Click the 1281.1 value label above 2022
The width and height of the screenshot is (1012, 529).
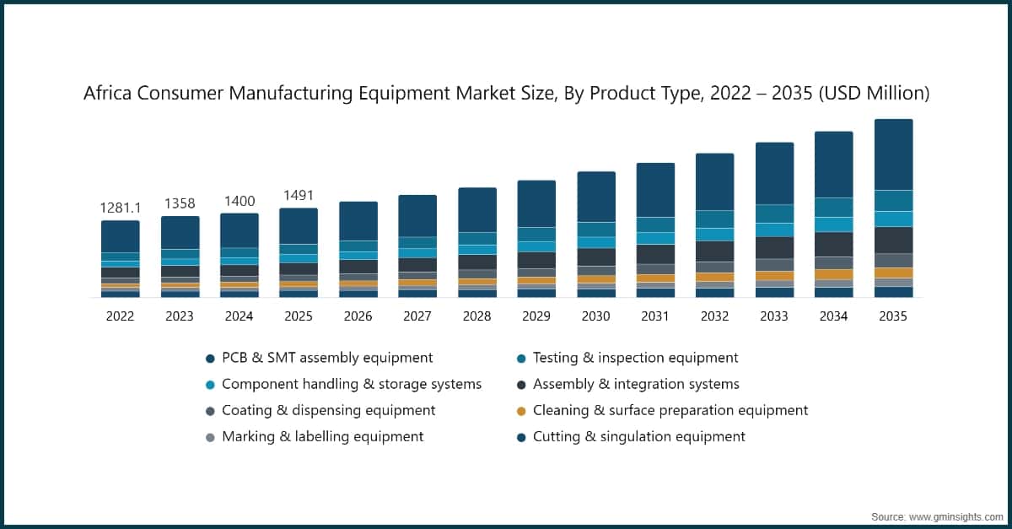pos(121,208)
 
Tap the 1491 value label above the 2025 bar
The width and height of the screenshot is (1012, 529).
pos(299,195)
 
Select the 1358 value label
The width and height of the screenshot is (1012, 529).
pos(180,203)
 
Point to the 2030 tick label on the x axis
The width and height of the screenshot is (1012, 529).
pos(595,316)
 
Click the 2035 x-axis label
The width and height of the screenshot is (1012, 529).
pos(893,316)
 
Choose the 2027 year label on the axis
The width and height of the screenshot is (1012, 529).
pos(417,316)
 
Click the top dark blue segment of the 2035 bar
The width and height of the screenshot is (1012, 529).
pos(893,154)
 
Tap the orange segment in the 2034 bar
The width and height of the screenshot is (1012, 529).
pos(833,274)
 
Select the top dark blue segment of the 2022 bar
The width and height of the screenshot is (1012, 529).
pos(121,236)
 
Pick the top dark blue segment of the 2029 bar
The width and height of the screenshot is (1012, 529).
pos(536,203)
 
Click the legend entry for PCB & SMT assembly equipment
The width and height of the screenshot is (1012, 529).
pos(327,358)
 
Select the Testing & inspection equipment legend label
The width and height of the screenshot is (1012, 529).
pos(635,358)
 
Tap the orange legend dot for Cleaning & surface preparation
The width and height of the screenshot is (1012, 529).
pos(520,411)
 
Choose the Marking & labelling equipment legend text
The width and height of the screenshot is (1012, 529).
pos(322,437)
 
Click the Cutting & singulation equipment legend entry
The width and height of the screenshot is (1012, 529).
pos(638,437)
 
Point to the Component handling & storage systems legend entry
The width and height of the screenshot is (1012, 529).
pos(351,384)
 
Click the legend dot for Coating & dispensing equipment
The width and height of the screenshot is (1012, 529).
pos(210,411)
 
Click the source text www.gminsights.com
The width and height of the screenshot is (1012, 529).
pos(957,516)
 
